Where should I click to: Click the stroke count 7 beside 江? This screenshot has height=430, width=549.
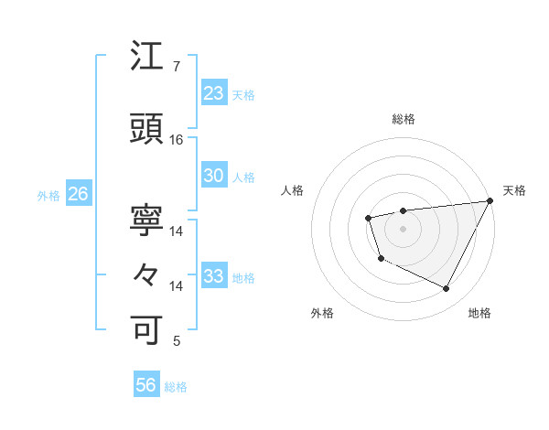(176, 67)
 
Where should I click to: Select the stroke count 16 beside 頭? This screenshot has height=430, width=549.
(177, 140)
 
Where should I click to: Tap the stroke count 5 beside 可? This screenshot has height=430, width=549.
(176, 341)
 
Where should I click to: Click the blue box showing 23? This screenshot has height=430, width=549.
(213, 92)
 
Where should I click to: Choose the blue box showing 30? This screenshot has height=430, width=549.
(213, 176)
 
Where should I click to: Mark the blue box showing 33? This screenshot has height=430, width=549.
(213, 276)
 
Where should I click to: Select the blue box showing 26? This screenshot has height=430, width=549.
(78, 194)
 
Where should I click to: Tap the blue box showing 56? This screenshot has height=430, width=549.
(146, 386)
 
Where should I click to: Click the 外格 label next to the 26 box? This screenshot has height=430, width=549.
(48, 195)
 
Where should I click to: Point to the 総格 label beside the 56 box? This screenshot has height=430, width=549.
(176, 387)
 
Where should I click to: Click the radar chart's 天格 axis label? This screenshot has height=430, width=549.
(514, 190)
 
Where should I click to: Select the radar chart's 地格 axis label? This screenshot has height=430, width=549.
(479, 313)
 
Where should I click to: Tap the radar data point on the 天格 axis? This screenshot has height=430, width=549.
(490, 200)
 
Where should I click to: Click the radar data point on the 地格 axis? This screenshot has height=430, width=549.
(447, 289)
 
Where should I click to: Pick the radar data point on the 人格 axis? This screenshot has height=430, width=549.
(368, 218)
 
